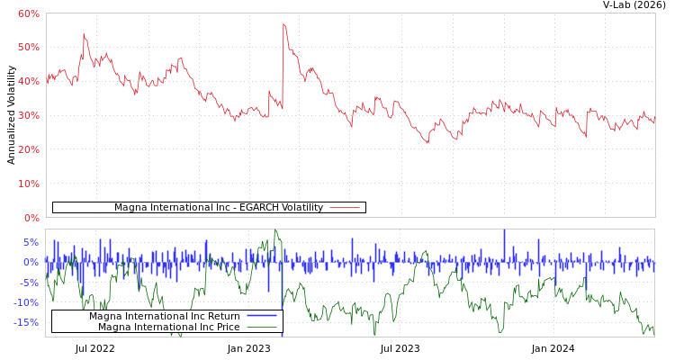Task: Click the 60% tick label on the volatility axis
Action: tap(28, 13)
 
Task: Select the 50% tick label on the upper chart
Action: tap(28, 47)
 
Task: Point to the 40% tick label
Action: tap(28, 81)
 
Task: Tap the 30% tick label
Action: tap(28, 115)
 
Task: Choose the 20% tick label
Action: tap(28, 149)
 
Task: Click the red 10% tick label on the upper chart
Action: tap(28, 184)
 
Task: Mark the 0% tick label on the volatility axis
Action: tap(31, 218)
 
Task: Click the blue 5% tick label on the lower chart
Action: tap(31, 242)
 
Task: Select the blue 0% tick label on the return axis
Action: tap(31, 262)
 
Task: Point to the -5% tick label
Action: tap(29, 283)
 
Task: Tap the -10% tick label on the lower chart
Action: tap(26, 302)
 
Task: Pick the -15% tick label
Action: tap(26, 322)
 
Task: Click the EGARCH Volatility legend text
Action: tap(218, 208)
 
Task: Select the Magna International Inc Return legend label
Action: tap(164, 316)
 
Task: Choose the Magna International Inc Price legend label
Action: tap(168, 327)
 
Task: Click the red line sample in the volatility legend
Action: tap(345, 208)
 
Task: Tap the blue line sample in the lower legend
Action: tap(262, 316)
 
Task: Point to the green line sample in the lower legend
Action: tap(262, 327)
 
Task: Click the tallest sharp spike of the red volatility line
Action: tap(283, 24)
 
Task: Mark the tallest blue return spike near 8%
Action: tap(504, 231)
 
